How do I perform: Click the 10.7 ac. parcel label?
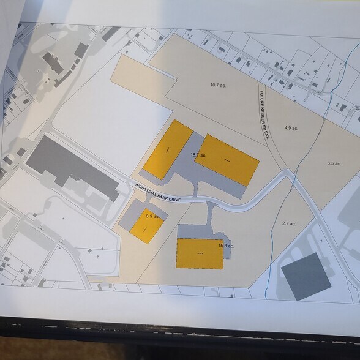pyautogui.click(x=219, y=84)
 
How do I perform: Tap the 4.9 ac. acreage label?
pyautogui.click(x=291, y=128)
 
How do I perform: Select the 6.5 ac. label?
pyautogui.click(x=334, y=163)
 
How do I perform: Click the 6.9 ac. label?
pyautogui.click(x=152, y=216)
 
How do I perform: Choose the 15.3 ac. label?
pyautogui.click(x=226, y=246)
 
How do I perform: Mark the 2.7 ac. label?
pyautogui.click(x=289, y=223)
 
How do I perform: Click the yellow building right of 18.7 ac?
pyautogui.click(x=227, y=160)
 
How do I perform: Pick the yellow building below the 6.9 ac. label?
pyautogui.click(x=148, y=231)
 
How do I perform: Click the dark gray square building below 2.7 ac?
pyautogui.click(x=305, y=276)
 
